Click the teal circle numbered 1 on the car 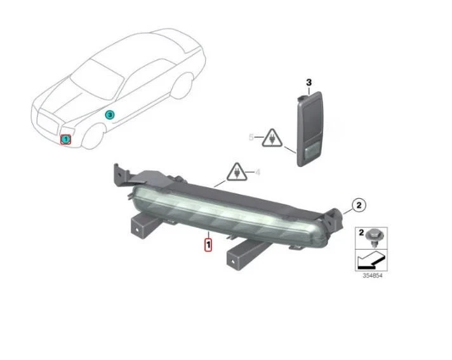pyautogui.click(x=65, y=139)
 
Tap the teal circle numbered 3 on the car pyautogui.click(x=109, y=115)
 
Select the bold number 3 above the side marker pyautogui.click(x=309, y=83)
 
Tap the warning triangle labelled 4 pyautogui.click(x=236, y=171)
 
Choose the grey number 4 pyautogui.click(x=258, y=172)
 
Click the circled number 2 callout pyautogui.click(x=358, y=204)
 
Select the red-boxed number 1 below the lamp pyautogui.click(x=208, y=242)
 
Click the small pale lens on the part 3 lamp pyautogui.click(x=312, y=152)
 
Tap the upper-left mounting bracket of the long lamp pyautogui.click(x=120, y=174)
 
